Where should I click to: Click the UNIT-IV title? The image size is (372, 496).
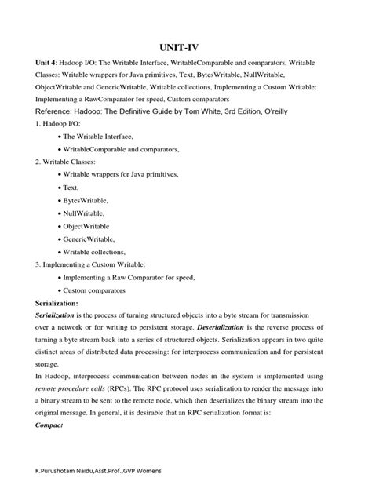186,48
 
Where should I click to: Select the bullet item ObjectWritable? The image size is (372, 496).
89,226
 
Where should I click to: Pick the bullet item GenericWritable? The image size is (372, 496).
90,239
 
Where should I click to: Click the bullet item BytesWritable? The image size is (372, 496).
89,200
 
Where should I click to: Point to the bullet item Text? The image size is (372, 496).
73,188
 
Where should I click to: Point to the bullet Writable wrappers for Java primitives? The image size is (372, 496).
122,174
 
